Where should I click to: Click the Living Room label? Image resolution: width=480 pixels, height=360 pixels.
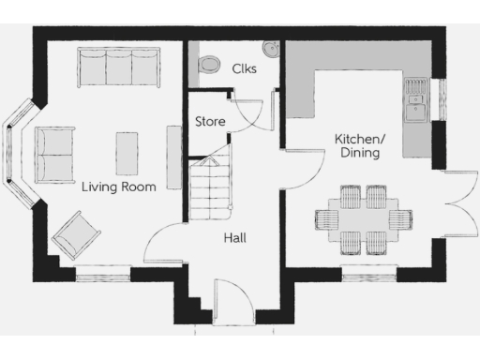[x=118, y=187]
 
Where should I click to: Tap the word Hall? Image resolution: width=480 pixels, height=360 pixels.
[x=234, y=238]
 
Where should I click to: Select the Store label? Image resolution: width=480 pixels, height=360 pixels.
[x=209, y=122]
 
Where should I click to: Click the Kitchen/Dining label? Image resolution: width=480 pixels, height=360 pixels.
[x=357, y=145]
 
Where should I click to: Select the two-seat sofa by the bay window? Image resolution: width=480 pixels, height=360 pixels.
[x=55, y=153]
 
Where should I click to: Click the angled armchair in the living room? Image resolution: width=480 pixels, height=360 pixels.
[x=76, y=234]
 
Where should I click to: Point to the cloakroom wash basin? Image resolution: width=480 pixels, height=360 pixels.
[x=272, y=48]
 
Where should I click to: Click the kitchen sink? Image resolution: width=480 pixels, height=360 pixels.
[x=415, y=99]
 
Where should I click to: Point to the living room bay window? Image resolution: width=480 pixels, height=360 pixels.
[x=17, y=156]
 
